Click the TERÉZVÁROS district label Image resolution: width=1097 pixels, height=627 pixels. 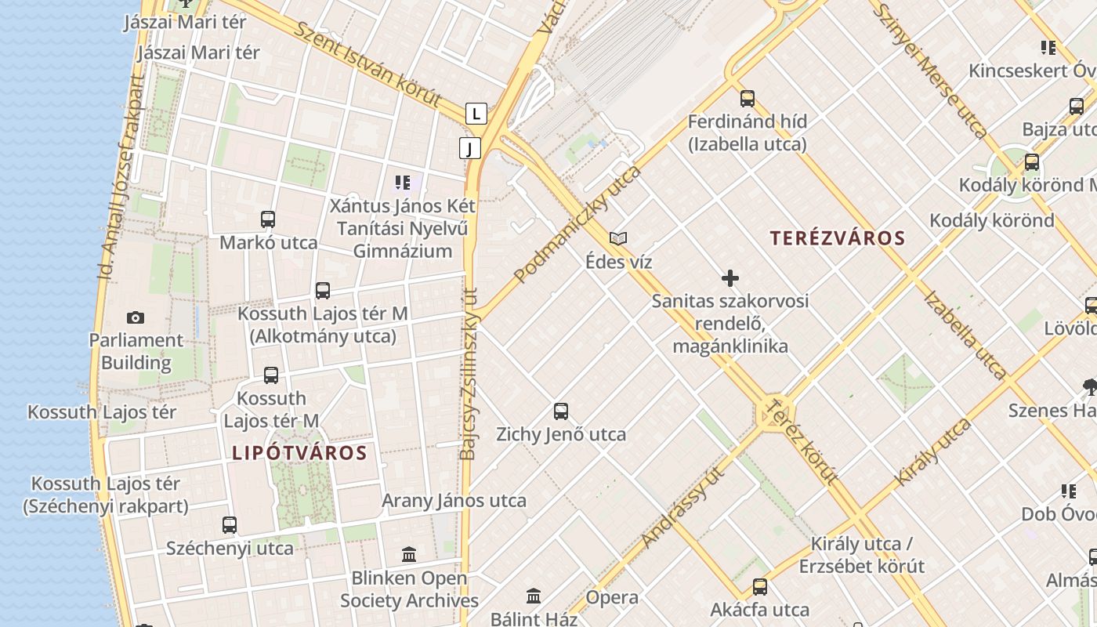pyautogui.click(x=837, y=238)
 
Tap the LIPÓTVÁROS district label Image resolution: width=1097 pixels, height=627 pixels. pyautogui.click(x=299, y=453)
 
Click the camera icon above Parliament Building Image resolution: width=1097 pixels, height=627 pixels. pyautogui.click(x=136, y=317)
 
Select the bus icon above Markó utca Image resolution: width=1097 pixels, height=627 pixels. pyautogui.click(x=268, y=219)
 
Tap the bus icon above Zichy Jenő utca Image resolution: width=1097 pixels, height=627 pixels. pyautogui.click(x=561, y=411)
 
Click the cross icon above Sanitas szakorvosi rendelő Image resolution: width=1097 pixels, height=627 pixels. pyautogui.click(x=730, y=278)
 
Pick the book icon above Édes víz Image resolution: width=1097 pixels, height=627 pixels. pyautogui.click(x=618, y=238)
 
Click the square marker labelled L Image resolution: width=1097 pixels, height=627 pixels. pyautogui.click(x=476, y=113)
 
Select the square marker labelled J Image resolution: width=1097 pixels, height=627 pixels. pyautogui.click(x=470, y=147)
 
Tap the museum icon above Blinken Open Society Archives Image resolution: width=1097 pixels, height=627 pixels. pyautogui.click(x=409, y=555)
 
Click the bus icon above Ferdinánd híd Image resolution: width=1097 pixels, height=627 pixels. pyautogui.click(x=748, y=99)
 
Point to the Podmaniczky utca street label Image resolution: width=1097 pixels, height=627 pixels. pyautogui.click(x=577, y=224)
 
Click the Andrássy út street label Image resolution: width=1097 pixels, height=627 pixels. pyautogui.click(x=682, y=506)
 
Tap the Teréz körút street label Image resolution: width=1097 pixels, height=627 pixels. pyautogui.click(x=800, y=443)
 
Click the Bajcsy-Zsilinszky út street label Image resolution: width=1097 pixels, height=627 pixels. pyautogui.click(x=469, y=373)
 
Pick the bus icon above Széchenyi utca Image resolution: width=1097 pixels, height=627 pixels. pyautogui.click(x=230, y=525)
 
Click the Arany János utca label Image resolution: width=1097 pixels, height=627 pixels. pyautogui.click(x=454, y=501)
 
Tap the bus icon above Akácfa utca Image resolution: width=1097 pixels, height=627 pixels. pyautogui.click(x=760, y=587)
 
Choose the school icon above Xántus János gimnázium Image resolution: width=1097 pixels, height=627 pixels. pyautogui.click(x=403, y=183)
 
